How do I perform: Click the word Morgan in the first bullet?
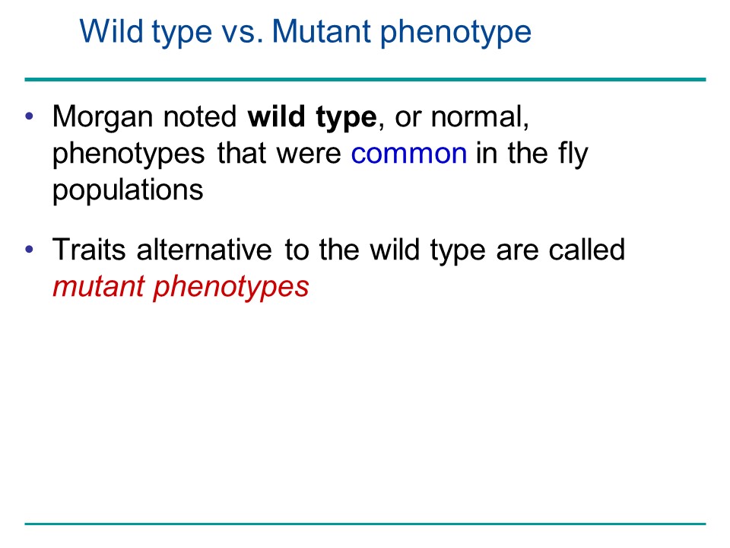pos(103,117)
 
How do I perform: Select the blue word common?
pos(409,154)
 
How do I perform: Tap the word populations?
pos(128,191)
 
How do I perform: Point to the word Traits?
pos(89,250)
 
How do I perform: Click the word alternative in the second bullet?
pos(205,250)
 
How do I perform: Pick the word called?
pos(586,250)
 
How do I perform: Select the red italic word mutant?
pos(98,286)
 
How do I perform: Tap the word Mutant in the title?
pos(321,32)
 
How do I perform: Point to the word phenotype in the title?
pos(455,33)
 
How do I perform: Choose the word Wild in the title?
pos(111,31)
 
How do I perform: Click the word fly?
pos(571,155)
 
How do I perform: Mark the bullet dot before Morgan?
pos(30,116)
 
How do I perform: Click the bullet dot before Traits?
pos(30,250)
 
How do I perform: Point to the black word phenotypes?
pos(129,155)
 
